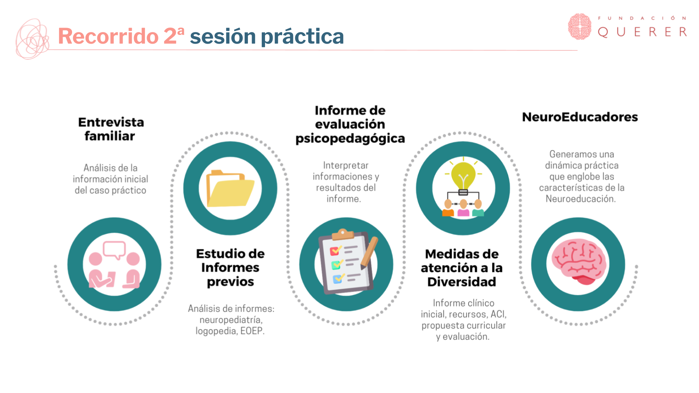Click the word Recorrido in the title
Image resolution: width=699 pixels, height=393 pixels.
click(x=108, y=36)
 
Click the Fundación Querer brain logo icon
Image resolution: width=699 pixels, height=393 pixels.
click(x=580, y=27)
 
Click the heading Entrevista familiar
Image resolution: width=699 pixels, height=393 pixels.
click(x=111, y=129)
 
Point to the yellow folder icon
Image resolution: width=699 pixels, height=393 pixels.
click(x=230, y=188)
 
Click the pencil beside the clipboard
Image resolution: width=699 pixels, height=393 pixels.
click(x=369, y=253)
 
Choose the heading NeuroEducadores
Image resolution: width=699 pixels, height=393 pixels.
click(x=580, y=117)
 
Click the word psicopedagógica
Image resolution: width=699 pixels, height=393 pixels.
click(x=350, y=139)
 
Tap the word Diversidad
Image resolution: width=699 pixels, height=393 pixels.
click(x=462, y=282)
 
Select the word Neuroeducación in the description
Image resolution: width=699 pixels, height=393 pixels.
click(x=580, y=199)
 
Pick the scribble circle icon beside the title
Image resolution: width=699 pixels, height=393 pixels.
click(x=32, y=39)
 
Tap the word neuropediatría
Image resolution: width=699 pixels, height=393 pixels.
click(x=231, y=320)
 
